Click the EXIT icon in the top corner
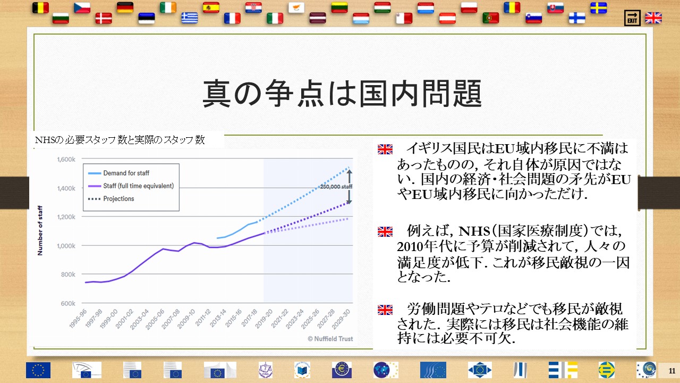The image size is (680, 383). click(x=632, y=18)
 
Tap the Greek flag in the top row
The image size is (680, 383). click(x=190, y=18)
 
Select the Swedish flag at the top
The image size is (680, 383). click(x=598, y=8)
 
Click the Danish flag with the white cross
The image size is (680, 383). click(x=104, y=18)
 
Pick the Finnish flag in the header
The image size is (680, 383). click(x=577, y=18)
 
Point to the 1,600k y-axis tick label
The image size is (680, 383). click(x=66, y=159)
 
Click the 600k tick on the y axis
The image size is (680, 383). click(x=68, y=303)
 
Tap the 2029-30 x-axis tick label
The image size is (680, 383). click(x=341, y=319)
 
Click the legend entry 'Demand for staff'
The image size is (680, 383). click(x=126, y=173)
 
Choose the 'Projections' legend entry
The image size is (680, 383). click(x=118, y=198)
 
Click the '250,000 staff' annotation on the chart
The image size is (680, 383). click(x=336, y=186)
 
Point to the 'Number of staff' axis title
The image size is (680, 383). click(x=40, y=230)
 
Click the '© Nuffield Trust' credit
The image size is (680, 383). click(x=330, y=339)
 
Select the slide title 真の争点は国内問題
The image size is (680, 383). click(x=342, y=93)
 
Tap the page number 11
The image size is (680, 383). click(x=672, y=371)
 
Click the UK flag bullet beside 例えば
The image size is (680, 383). click(x=385, y=231)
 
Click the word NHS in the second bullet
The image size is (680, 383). click(x=474, y=231)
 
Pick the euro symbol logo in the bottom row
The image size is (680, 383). click(x=342, y=370)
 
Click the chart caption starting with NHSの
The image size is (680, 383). click(x=120, y=140)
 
